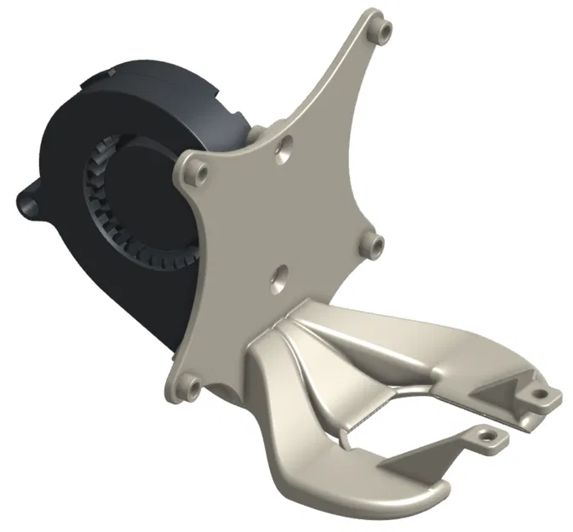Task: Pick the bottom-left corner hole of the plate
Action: tap(192, 387)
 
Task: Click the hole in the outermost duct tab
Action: tap(538, 395)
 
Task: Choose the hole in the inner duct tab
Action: tap(488, 436)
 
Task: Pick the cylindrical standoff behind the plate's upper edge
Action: tap(255, 136)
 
